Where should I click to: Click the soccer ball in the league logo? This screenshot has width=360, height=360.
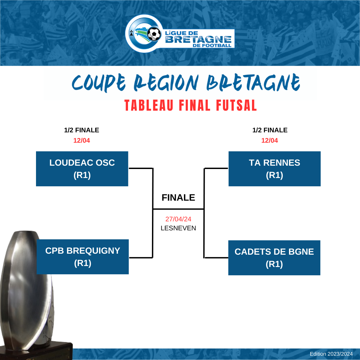[154, 34]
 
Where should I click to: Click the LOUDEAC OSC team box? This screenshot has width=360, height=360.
[82, 169]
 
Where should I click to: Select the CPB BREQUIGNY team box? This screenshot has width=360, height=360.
[83, 257]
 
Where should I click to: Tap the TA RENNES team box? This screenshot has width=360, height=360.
[274, 169]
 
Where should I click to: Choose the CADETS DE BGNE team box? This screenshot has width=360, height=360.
[274, 258]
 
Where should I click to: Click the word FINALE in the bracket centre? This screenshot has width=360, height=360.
[178, 197]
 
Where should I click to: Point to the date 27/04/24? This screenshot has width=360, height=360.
[178, 219]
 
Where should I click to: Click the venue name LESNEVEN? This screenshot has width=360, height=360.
[178, 228]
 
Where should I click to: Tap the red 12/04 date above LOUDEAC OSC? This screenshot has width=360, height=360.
[82, 140]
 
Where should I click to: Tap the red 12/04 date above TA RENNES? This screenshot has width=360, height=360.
[270, 140]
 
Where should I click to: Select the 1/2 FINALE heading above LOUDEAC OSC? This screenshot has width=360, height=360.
[82, 130]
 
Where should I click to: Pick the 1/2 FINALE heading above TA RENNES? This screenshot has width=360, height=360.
[270, 130]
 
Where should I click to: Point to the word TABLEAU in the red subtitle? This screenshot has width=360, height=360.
[149, 105]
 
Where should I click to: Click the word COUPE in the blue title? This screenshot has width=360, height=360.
[99, 83]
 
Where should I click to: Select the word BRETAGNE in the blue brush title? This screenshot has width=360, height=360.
[253, 82]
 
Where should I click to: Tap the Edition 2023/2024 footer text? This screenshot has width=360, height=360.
[331, 354]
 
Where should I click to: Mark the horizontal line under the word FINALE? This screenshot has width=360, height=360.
[178, 209]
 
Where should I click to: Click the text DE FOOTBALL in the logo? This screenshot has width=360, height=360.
[212, 45]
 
